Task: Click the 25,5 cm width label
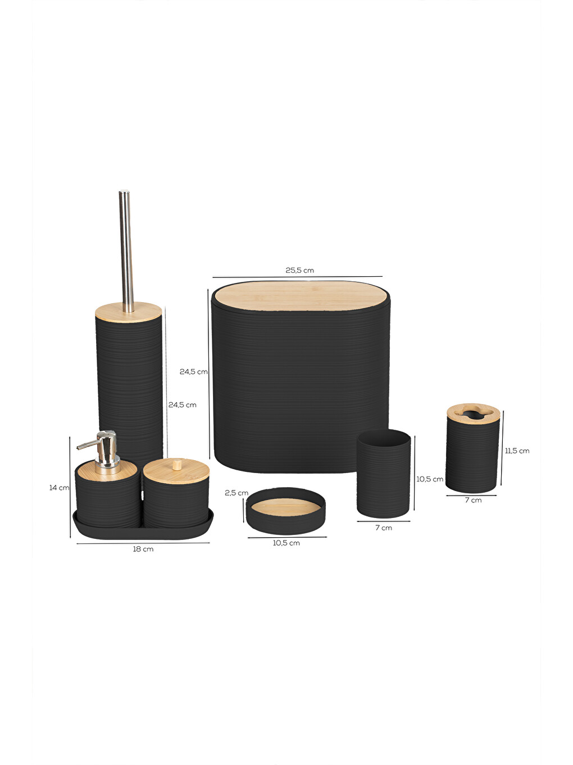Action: coord(299,270)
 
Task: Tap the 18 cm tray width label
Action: coord(143,549)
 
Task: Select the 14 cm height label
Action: coord(59,488)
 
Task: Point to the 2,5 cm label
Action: coord(237,493)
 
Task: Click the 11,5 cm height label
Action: coord(517,451)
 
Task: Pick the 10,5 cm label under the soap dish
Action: coord(286,543)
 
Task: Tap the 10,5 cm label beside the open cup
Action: coord(430,479)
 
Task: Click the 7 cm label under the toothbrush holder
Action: coord(474,500)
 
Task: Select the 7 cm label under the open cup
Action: coord(384,528)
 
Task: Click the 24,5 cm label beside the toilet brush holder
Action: coord(183,404)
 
